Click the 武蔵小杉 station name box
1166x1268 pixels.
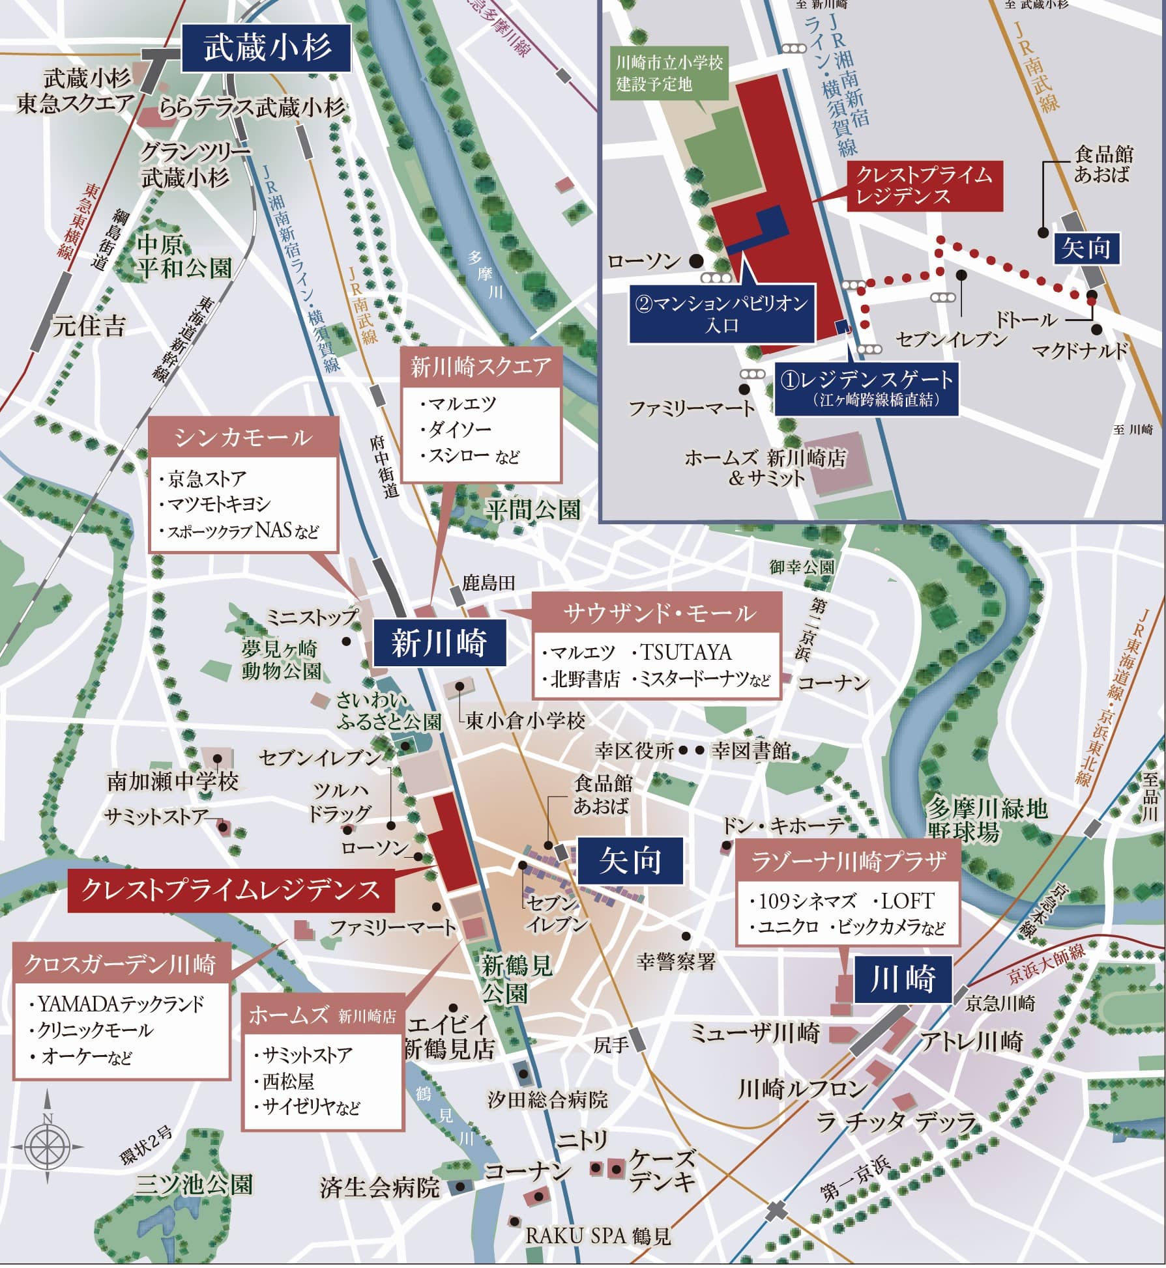click(x=267, y=48)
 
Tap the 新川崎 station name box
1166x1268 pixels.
click(x=439, y=643)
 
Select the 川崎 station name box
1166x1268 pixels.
click(x=903, y=979)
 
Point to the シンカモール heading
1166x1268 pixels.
click(x=243, y=437)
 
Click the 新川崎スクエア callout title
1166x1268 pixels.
click(x=480, y=367)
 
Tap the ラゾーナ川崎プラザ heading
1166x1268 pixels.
click(x=848, y=862)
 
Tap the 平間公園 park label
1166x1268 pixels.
click(x=532, y=509)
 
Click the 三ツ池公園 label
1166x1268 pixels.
click(x=194, y=1184)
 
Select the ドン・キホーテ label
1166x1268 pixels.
click(x=783, y=826)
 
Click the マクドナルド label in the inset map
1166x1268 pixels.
click(x=1079, y=350)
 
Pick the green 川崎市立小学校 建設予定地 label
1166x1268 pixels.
click(x=669, y=72)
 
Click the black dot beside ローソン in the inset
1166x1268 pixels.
click(x=697, y=261)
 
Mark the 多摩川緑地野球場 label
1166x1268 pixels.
click(x=987, y=820)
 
